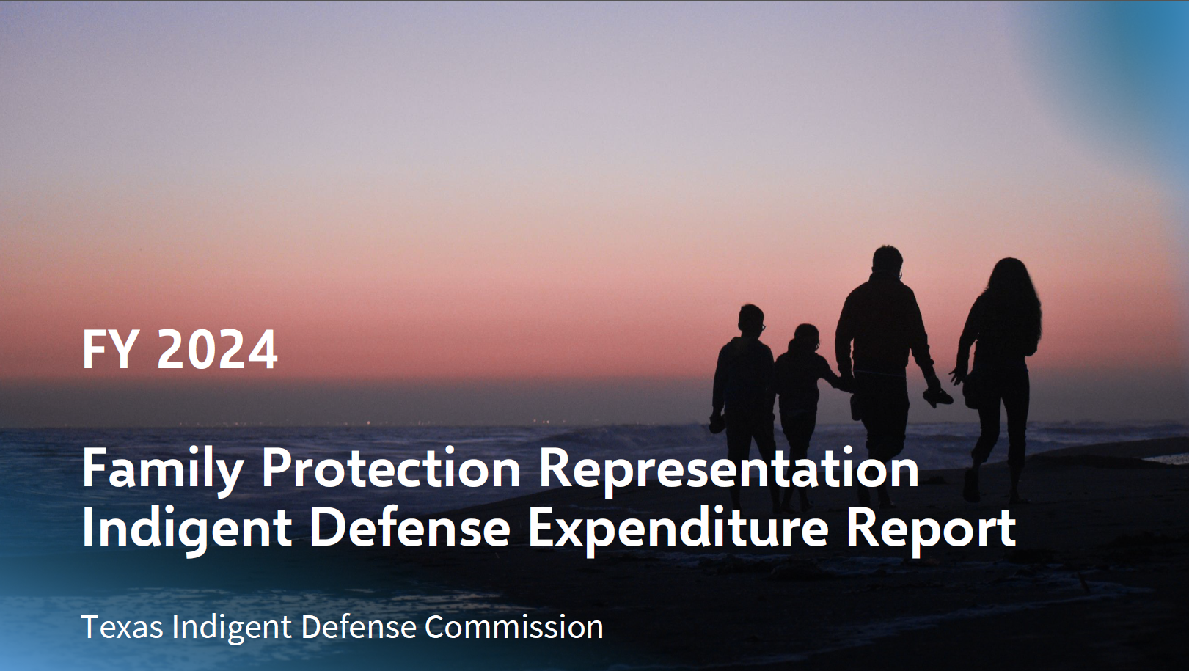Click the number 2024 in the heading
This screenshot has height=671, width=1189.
[217, 349]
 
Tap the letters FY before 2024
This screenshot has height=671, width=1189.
[109, 349]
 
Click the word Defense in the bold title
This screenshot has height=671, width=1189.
[410, 528]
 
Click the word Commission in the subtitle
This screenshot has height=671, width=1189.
[514, 627]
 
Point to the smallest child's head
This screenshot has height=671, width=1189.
[806, 338]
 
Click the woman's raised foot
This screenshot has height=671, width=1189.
[971, 485]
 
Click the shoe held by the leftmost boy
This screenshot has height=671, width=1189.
[717, 423]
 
